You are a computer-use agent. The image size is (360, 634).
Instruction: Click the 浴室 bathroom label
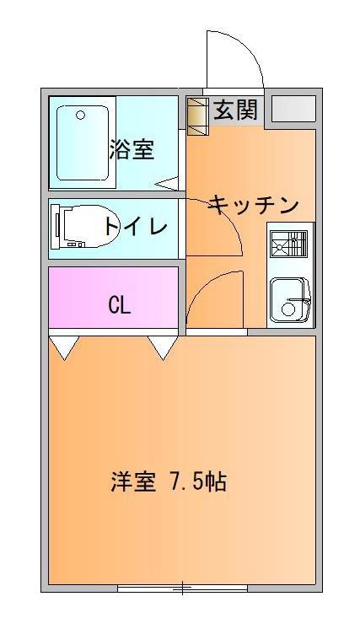pyautogui.click(x=132, y=149)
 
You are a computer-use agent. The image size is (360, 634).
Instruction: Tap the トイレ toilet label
pyautogui.click(x=136, y=226)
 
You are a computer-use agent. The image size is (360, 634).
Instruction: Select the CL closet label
pyautogui.click(x=120, y=306)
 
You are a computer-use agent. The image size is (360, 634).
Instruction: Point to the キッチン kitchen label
pyautogui.click(x=253, y=205)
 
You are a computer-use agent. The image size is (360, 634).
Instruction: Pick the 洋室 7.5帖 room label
pyautogui.click(x=169, y=481)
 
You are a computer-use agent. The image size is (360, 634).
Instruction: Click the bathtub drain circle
pyautogui.click(x=80, y=116)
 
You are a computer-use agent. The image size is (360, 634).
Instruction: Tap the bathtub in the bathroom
pyautogui.click(x=83, y=142)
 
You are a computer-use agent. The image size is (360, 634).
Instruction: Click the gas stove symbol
pyautogui.click(x=289, y=244)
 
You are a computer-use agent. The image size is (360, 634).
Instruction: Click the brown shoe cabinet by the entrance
pyautogui.click(x=198, y=116)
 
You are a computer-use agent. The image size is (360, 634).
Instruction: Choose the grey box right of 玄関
pyautogui.click(x=293, y=109)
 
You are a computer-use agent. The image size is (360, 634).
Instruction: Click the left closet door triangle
pyautogui.click(x=64, y=347)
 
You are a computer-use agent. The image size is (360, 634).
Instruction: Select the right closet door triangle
pyautogui.click(x=163, y=347)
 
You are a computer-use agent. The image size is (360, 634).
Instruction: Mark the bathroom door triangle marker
pyautogui.click(x=168, y=184)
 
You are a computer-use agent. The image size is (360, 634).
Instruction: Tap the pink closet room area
pyautogui.click(x=113, y=297)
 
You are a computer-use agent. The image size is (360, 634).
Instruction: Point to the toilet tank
pyautogui.click(x=56, y=227)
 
